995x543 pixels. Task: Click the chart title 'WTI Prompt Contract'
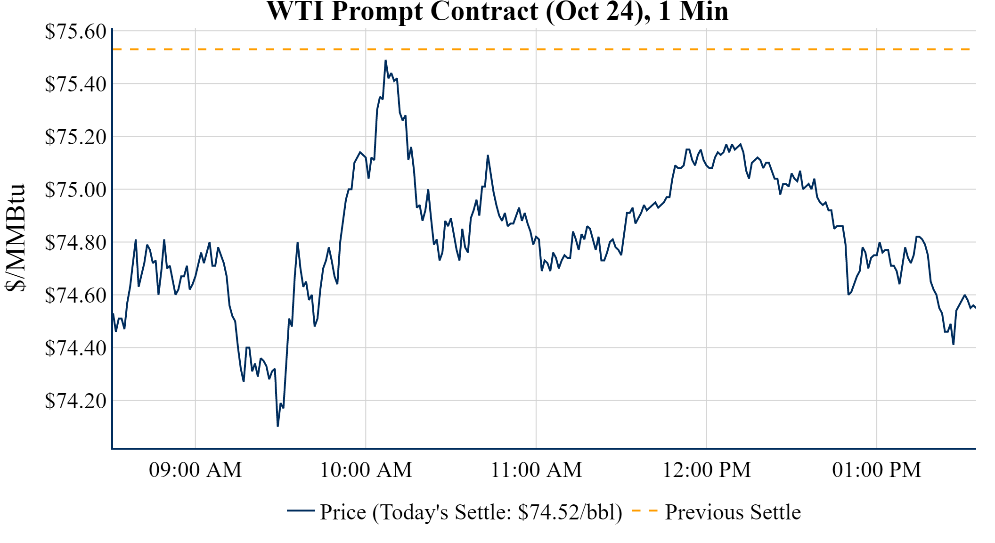[497, 11]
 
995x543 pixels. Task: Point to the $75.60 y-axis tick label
[75, 32]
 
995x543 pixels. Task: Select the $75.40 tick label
[75, 84]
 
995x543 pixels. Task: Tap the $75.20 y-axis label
[75, 137]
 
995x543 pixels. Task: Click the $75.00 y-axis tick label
[75, 190]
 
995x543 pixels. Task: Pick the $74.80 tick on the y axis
[75, 243]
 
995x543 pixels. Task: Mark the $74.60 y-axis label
[75, 296]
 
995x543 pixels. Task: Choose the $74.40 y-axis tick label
[75, 348]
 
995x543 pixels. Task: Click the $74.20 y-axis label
[75, 401]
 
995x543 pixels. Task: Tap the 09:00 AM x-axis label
[196, 470]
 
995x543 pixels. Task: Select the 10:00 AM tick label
[366, 470]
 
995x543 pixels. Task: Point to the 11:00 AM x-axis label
[537, 470]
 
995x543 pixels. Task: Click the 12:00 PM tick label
[707, 470]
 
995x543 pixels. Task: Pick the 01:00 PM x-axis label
[877, 470]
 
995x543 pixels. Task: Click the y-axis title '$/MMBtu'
[15, 238]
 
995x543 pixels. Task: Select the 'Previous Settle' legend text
[733, 512]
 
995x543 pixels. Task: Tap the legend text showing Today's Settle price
[471, 512]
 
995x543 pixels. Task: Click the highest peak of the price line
[385, 61]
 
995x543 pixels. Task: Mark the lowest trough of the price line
[278, 426]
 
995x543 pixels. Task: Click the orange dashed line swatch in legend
[644, 510]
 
